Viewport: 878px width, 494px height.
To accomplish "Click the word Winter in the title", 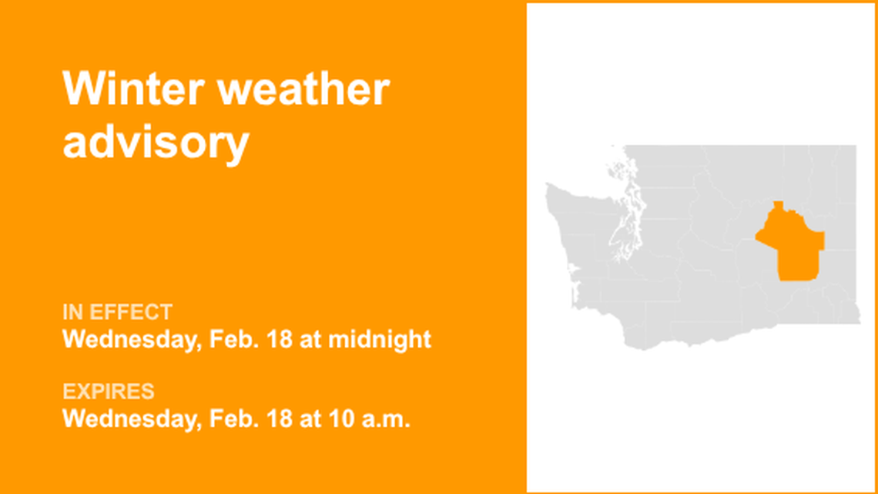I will (131, 89).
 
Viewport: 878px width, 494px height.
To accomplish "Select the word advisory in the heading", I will (156, 143).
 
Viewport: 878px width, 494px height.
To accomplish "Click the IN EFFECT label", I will (117, 312).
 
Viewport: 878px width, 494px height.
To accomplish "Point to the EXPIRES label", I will (108, 392).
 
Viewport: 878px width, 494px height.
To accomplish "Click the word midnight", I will (380, 339).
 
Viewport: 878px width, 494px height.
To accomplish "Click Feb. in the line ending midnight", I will (226, 339).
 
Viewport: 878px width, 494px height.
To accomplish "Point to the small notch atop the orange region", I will (779, 206).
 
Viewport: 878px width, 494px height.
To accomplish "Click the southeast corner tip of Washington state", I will (859, 321).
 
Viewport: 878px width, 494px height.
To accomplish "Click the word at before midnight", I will (310, 339).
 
